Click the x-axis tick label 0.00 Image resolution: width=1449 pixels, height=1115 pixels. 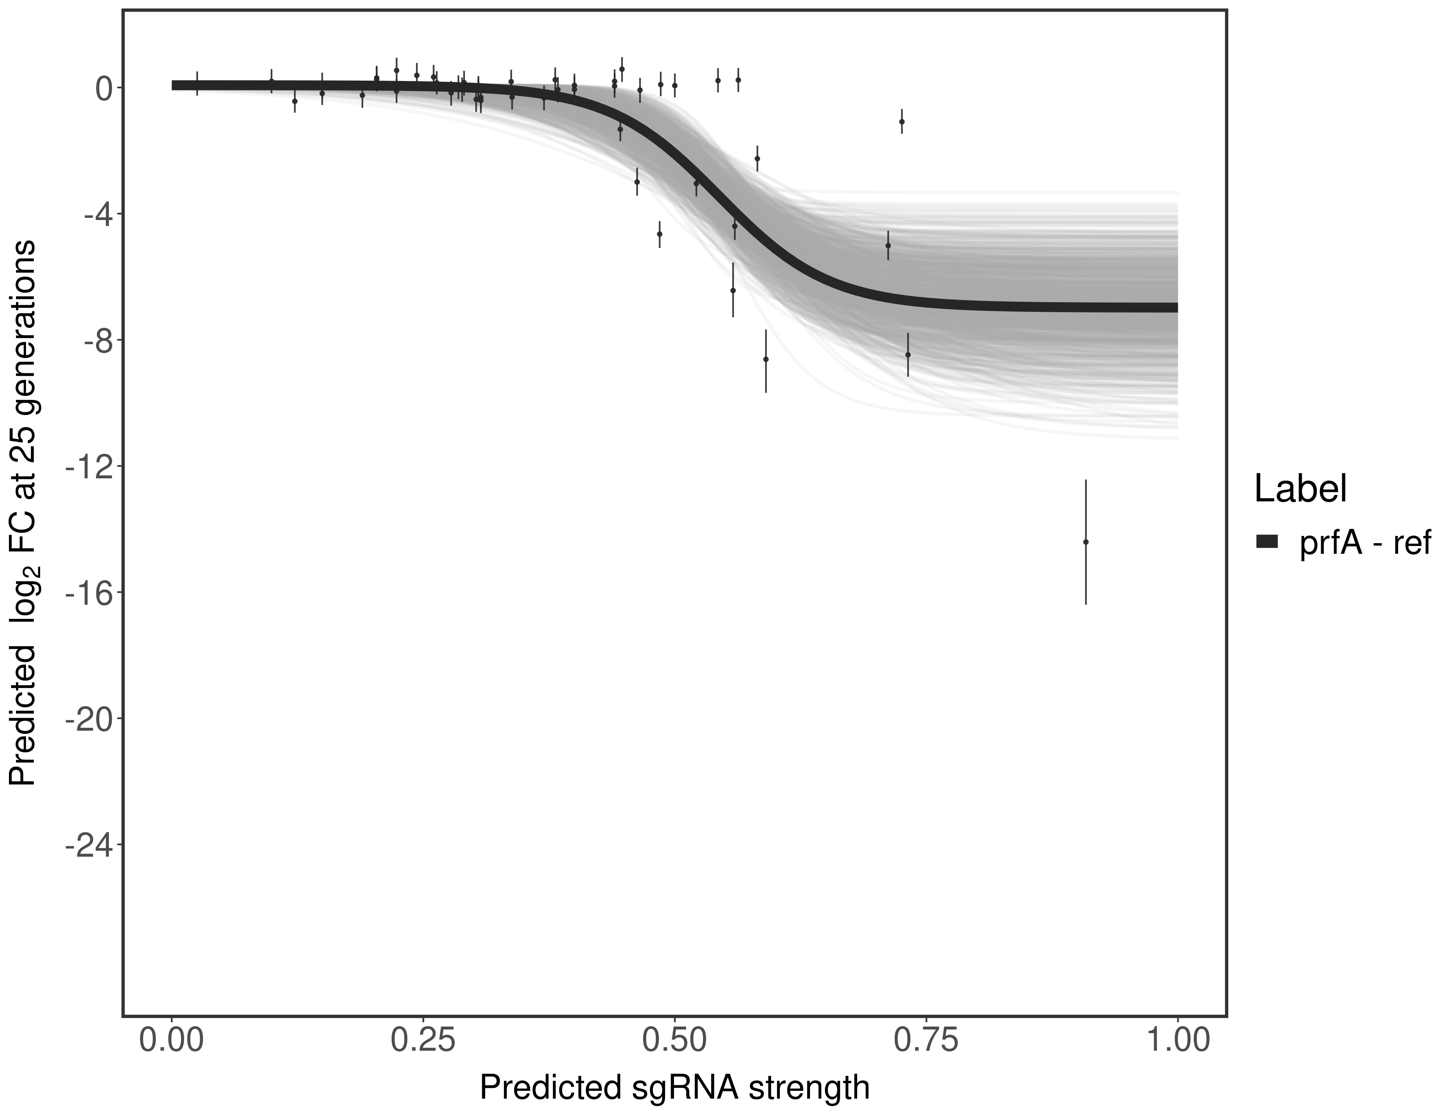(x=172, y=1040)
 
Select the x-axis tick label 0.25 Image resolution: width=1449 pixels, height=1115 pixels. (x=423, y=1040)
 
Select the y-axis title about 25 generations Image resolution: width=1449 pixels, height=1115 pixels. (x=23, y=513)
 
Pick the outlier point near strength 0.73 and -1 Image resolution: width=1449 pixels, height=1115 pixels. (x=902, y=122)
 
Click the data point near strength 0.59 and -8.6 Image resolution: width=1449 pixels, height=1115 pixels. (x=766, y=359)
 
